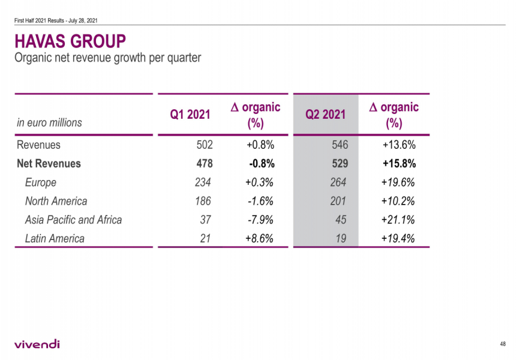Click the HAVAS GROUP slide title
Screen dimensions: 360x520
click(x=70, y=41)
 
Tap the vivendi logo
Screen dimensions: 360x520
click(x=37, y=344)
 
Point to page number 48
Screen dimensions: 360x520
click(x=502, y=344)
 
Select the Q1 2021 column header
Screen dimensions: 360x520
click(x=191, y=115)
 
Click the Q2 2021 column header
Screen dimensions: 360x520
click(x=326, y=115)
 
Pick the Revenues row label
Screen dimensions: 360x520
click(x=38, y=145)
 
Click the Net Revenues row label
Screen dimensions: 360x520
click(x=49, y=163)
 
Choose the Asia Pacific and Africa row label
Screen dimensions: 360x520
click(x=73, y=220)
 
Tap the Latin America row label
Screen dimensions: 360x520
click(x=55, y=238)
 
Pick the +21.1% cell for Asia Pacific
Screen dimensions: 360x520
click(x=398, y=220)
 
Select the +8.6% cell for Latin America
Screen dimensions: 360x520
click(x=260, y=238)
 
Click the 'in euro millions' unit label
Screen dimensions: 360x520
click(x=49, y=122)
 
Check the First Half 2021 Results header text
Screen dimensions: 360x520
click(x=56, y=20)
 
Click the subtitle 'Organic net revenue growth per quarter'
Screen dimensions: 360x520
click(x=107, y=58)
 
